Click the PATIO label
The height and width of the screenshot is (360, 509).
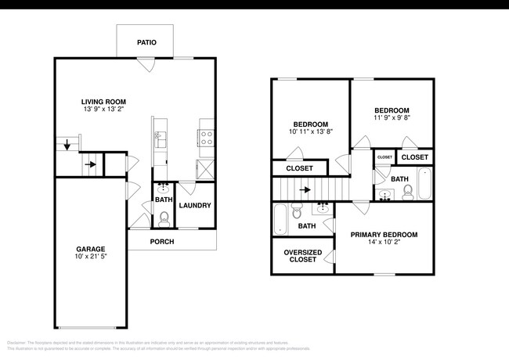pyautogui.click(x=146, y=42)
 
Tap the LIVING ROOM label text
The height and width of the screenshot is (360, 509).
pyautogui.click(x=104, y=102)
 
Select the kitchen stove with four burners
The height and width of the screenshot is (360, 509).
pyautogui.click(x=207, y=139)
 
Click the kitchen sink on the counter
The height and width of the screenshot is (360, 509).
pyautogui.click(x=160, y=139)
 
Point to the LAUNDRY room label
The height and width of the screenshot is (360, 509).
pyautogui.click(x=194, y=206)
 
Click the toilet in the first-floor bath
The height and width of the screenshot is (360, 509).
pyautogui.click(x=164, y=218)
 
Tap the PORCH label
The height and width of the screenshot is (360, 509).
pyautogui.click(x=162, y=242)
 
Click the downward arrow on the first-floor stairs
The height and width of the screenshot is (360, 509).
pyautogui.click(x=67, y=145)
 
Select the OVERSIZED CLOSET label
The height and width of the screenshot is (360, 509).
pyautogui.click(x=301, y=256)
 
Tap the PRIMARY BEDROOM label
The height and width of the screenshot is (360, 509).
pyautogui.click(x=384, y=235)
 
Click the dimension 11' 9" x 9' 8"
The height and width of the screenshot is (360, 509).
pyautogui.click(x=392, y=118)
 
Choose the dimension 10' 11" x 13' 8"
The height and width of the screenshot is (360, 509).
pyautogui.click(x=311, y=132)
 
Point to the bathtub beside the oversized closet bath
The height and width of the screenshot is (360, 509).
pyautogui.click(x=280, y=218)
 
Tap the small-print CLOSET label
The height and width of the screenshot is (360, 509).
pyautogui.click(x=384, y=157)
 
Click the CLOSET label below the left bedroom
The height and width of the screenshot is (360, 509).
pyautogui.click(x=299, y=168)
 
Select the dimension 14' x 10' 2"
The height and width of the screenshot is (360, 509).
pyautogui.click(x=384, y=243)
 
